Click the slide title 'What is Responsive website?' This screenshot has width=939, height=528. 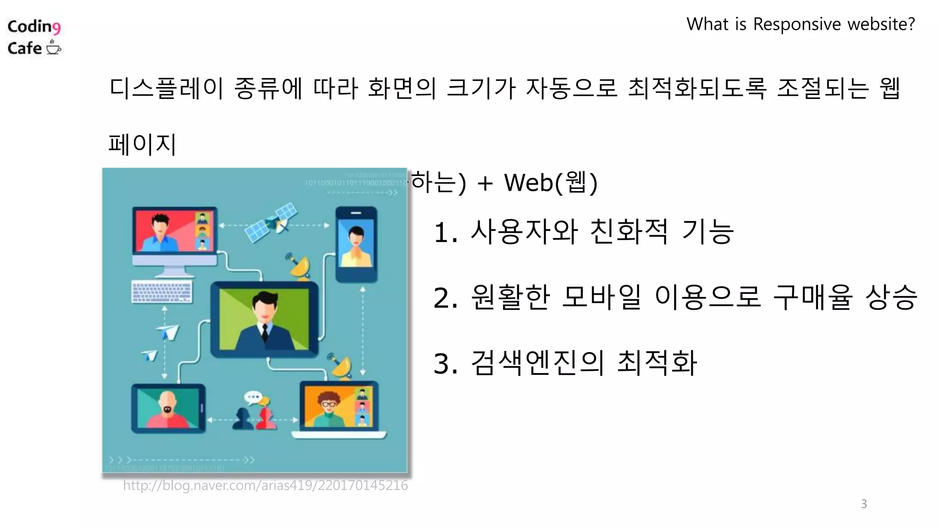click(x=800, y=24)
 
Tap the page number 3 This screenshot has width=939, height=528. click(x=864, y=504)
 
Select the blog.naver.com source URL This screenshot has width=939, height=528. click(x=265, y=485)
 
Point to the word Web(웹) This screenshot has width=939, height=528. click(x=550, y=182)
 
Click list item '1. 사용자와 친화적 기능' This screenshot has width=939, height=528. click(x=583, y=231)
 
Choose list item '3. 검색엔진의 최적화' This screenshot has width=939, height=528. click(x=565, y=363)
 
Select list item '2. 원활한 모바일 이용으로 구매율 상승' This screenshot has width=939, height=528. click(x=675, y=297)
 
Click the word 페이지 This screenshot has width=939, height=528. click(x=142, y=144)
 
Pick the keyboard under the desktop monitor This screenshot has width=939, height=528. click(x=162, y=292)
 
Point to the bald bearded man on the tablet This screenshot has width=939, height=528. click(x=167, y=407)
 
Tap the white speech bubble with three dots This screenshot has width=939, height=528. click(x=253, y=396)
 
